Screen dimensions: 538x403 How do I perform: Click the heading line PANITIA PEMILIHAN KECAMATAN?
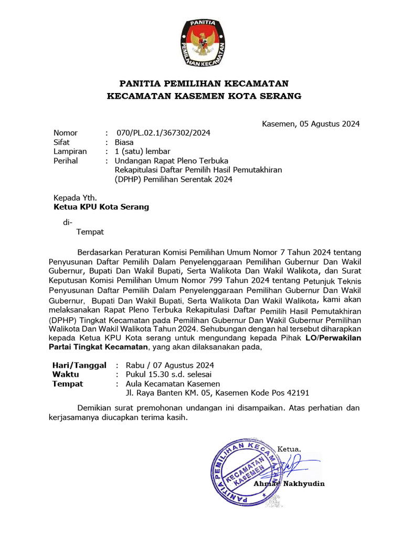[x=204, y=84]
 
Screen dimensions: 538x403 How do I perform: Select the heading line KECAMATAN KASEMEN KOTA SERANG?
[x=204, y=96]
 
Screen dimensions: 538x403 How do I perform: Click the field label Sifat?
[x=62, y=142]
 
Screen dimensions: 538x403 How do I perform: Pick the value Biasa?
[x=124, y=142]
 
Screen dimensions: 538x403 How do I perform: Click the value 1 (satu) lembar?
[x=142, y=152]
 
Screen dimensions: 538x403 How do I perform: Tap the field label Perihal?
[x=66, y=161]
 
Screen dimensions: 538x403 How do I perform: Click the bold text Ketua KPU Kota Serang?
[x=101, y=207]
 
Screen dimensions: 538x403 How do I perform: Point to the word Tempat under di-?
[x=90, y=232]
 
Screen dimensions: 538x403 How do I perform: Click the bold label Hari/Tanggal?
[x=79, y=365]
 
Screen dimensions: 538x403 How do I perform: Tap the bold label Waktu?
[x=66, y=375]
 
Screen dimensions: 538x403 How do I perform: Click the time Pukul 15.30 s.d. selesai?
[x=168, y=375]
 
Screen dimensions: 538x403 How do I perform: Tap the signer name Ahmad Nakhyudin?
[x=289, y=483]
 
